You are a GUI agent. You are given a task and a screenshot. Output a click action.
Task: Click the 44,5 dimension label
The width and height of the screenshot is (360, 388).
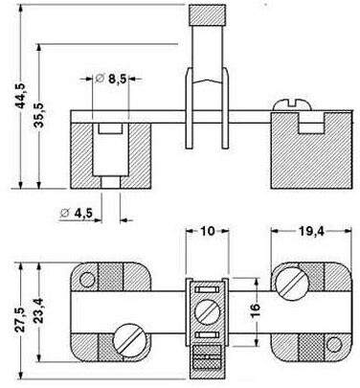pos(22,96)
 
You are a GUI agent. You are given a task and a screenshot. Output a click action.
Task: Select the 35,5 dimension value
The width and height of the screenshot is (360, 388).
pos(40,115)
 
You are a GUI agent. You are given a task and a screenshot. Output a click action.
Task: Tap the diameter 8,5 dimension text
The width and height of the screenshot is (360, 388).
pos(111,79)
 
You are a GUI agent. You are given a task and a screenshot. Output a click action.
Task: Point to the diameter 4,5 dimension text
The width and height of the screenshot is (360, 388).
pos(77,213)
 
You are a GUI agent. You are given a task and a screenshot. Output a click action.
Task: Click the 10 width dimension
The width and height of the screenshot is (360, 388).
pos(208,231)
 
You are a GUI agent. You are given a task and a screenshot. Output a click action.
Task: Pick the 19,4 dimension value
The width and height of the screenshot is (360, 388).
pos(311,231)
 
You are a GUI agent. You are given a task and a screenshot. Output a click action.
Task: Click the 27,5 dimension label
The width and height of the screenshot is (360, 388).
pos(21,320)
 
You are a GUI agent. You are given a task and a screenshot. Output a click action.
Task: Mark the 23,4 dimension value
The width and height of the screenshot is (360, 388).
pos(39,310)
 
